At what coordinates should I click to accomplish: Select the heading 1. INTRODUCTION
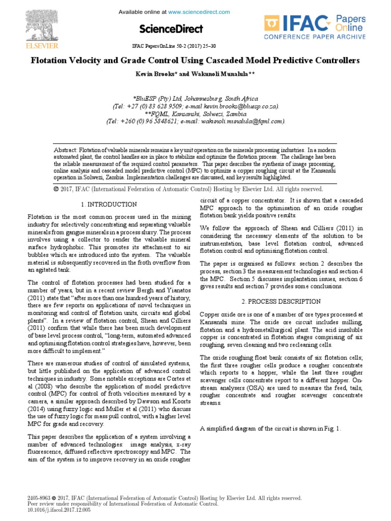(x=109, y=205)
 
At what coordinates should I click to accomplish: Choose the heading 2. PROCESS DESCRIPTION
(x=289, y=302)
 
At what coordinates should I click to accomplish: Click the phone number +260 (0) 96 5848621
(x=152, y=122)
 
